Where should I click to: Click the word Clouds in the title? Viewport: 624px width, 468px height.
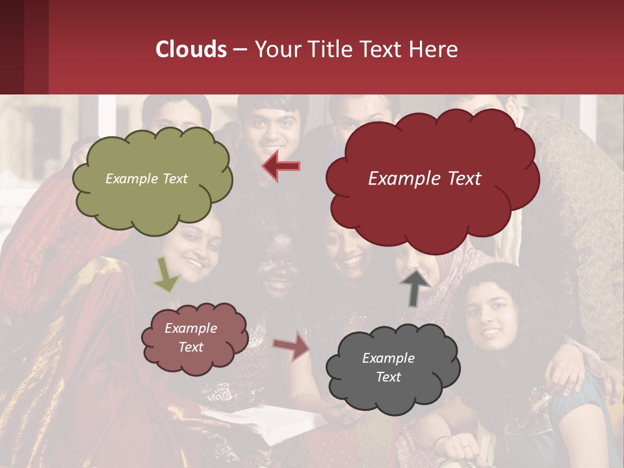pos(191,49)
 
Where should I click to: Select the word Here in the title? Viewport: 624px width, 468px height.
pos(434,49)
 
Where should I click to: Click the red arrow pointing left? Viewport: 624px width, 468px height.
pos(281,166)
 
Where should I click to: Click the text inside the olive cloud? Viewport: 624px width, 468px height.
pos(146,179)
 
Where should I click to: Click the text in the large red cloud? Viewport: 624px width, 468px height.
pos(424,179)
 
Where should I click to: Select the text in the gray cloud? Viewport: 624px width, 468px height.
pos(388,367)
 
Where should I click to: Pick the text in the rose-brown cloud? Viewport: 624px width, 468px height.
pos(190,337)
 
